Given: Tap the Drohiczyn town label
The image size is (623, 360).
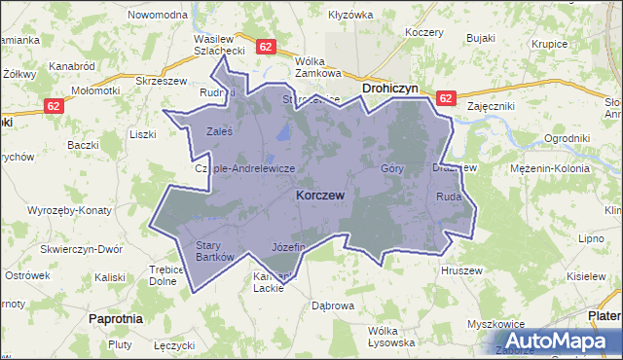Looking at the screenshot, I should [389, 88].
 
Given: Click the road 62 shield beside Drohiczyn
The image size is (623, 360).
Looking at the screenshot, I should [446, 98].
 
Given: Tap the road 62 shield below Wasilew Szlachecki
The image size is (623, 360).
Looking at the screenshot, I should [266, 46].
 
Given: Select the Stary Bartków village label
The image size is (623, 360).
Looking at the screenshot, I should [216, 251].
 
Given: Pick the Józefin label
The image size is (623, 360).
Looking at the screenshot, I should [289, 246].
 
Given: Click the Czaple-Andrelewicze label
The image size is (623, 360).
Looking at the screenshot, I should [245, 168].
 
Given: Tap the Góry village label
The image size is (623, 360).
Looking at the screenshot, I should [392, 168].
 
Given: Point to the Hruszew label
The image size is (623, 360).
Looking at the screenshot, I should [461, 270].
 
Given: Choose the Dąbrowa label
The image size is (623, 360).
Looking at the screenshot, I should [332, 306].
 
